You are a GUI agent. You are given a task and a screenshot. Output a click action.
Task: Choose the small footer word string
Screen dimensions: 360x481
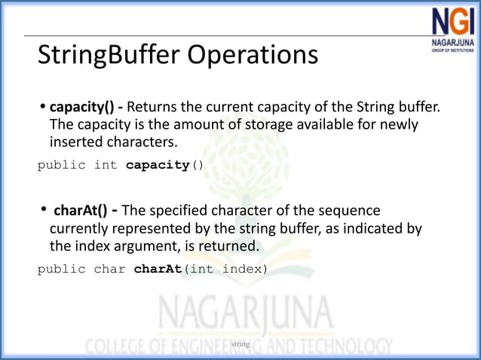tap(240, 344)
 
